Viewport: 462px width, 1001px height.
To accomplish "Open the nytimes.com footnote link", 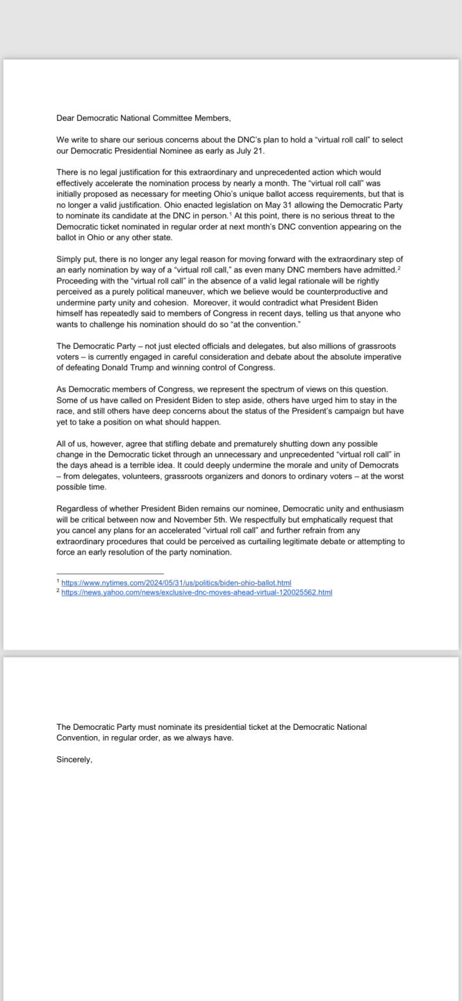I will [x=176, y=583].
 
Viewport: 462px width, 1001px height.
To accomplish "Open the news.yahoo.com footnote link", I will [x=197, y=592].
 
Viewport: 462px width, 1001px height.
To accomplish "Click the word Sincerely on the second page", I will [x=74, y=760].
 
